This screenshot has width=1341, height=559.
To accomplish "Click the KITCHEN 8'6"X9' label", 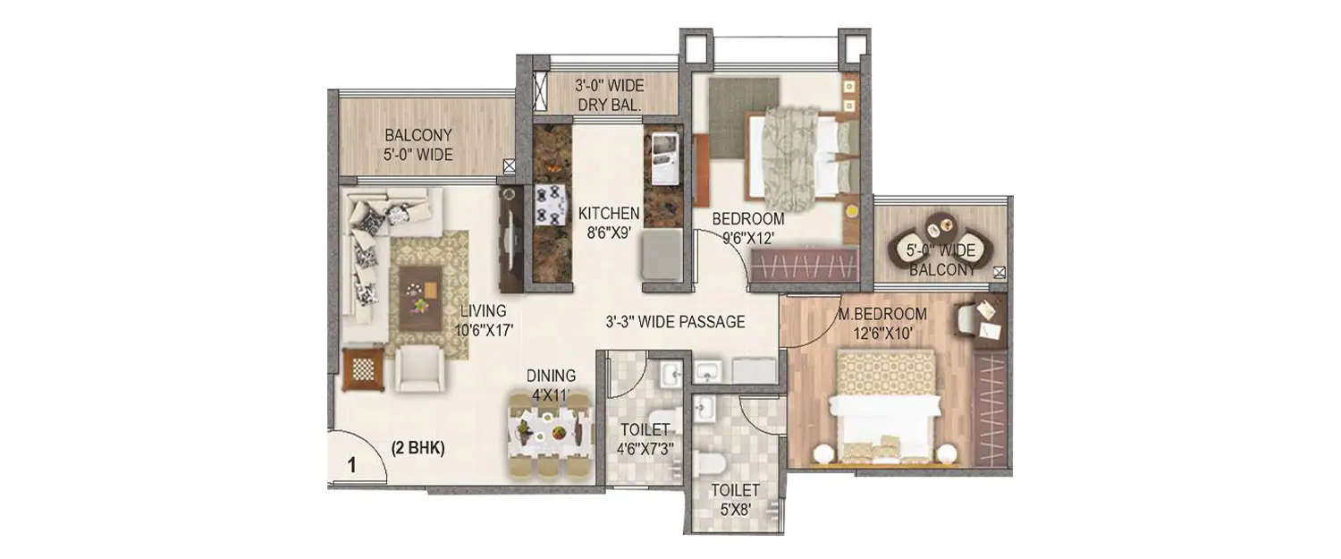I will coord(608,221).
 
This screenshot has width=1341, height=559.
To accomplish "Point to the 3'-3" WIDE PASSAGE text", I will coord(675,322).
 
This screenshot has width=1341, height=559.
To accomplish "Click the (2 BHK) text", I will coord(417,449).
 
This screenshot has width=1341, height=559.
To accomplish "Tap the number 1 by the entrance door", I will coord(352,464).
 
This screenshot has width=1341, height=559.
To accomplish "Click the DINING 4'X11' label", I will coord(551,384).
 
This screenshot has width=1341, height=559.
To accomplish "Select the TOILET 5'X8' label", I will coord(735,498).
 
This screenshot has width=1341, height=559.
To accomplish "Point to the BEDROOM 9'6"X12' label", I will coord(747,227).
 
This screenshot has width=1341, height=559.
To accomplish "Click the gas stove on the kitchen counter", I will coord(552,205).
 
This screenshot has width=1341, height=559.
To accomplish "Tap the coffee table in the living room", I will coord(419,297).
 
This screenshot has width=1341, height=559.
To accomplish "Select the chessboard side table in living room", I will coord(363,368).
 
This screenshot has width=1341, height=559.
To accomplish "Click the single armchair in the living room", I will coord(419,368).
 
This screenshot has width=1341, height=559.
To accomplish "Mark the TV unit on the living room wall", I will coord(510,241).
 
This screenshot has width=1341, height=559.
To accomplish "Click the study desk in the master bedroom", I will coord(989,323).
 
